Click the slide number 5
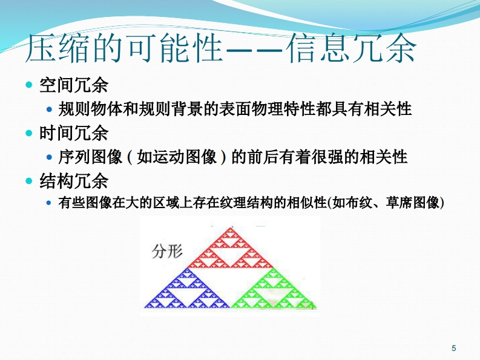(454, 348)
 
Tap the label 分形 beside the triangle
(167, 252)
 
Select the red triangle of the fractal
(230, 247)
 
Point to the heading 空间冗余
(74, 85)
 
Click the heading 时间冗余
(74, 133)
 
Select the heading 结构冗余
(74, 181)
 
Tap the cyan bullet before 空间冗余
(29, 85)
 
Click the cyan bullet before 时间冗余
(29, 133)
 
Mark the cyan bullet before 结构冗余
(29, 181)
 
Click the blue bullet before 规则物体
(49, 110)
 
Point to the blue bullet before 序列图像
(49, 157)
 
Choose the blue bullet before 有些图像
(48, 203)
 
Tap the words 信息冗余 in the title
(352, 48)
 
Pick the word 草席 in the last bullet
(399, 203)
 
